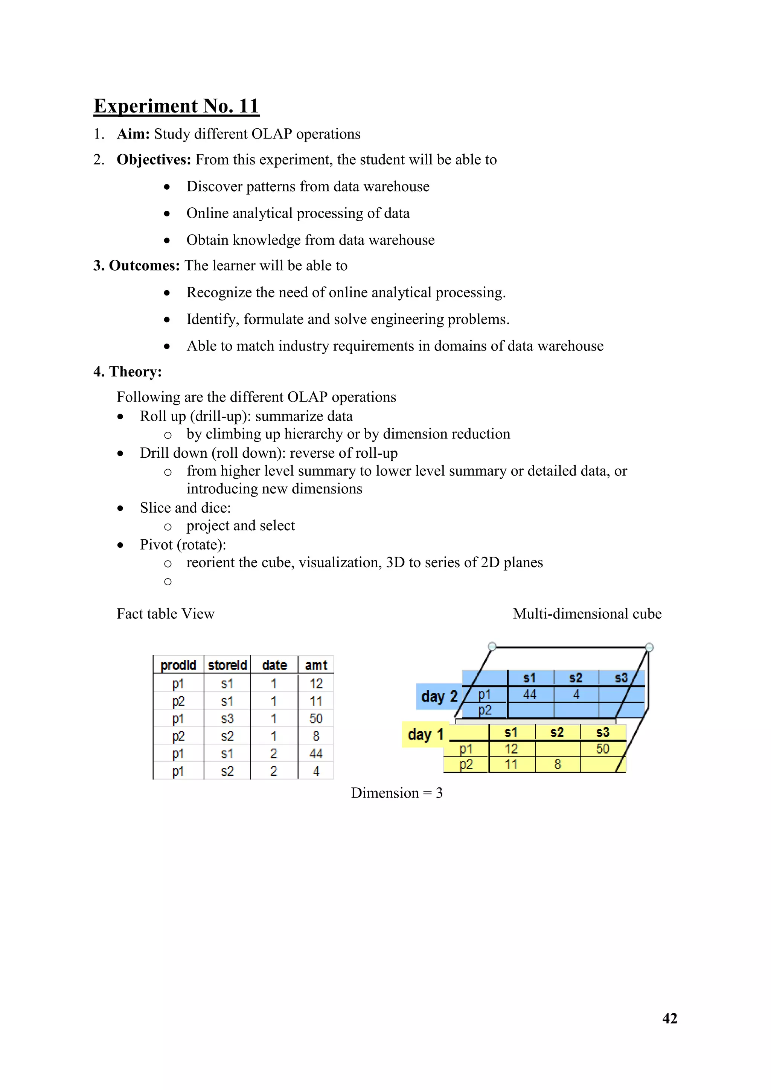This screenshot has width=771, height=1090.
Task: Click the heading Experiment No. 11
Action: (x=176, y=106)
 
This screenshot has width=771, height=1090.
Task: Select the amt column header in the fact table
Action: (x=316, y=665)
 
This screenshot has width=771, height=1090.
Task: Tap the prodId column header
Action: (x=178, y=665)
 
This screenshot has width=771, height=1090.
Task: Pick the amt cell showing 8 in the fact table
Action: (x=316, y=736)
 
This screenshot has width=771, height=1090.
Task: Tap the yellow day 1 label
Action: (x=425, y=734)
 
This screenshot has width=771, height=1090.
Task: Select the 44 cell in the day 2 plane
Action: (x=529, y=694)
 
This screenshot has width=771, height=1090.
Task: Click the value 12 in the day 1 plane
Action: (x=511, y=749)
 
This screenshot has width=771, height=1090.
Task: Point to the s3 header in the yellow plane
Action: (x=602, y=732)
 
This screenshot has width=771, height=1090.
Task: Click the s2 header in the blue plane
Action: (x=575, y=678)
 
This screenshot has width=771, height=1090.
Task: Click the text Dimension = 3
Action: (x=396, y=793)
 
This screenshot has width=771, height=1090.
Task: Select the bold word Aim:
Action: (x=133, y=134)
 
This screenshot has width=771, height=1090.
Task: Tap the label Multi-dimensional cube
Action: (x=587, y=614)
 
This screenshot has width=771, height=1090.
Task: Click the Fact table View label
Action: (x=165, y=614)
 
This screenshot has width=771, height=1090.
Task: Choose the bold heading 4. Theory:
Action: (x=127, y=372)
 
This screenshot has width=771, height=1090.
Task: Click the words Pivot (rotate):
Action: (x=183, y=545)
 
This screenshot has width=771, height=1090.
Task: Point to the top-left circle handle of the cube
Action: (x=492, y=646)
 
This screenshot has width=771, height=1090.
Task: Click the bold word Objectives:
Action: (x=153, y=160)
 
